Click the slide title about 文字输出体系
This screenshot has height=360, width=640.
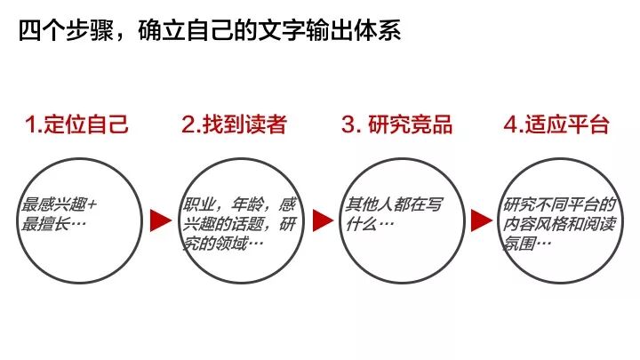tap(210, 34)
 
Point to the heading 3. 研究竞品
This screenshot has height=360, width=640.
tap(396, 124)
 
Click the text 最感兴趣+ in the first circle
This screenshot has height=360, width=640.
tap(59, 204)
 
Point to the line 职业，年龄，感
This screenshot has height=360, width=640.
tap(237, 204)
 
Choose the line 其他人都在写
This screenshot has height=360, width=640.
tap(391, 204)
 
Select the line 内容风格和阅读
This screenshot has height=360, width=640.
tap(556, 222)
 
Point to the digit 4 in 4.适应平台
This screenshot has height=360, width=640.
tap(509, 124)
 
